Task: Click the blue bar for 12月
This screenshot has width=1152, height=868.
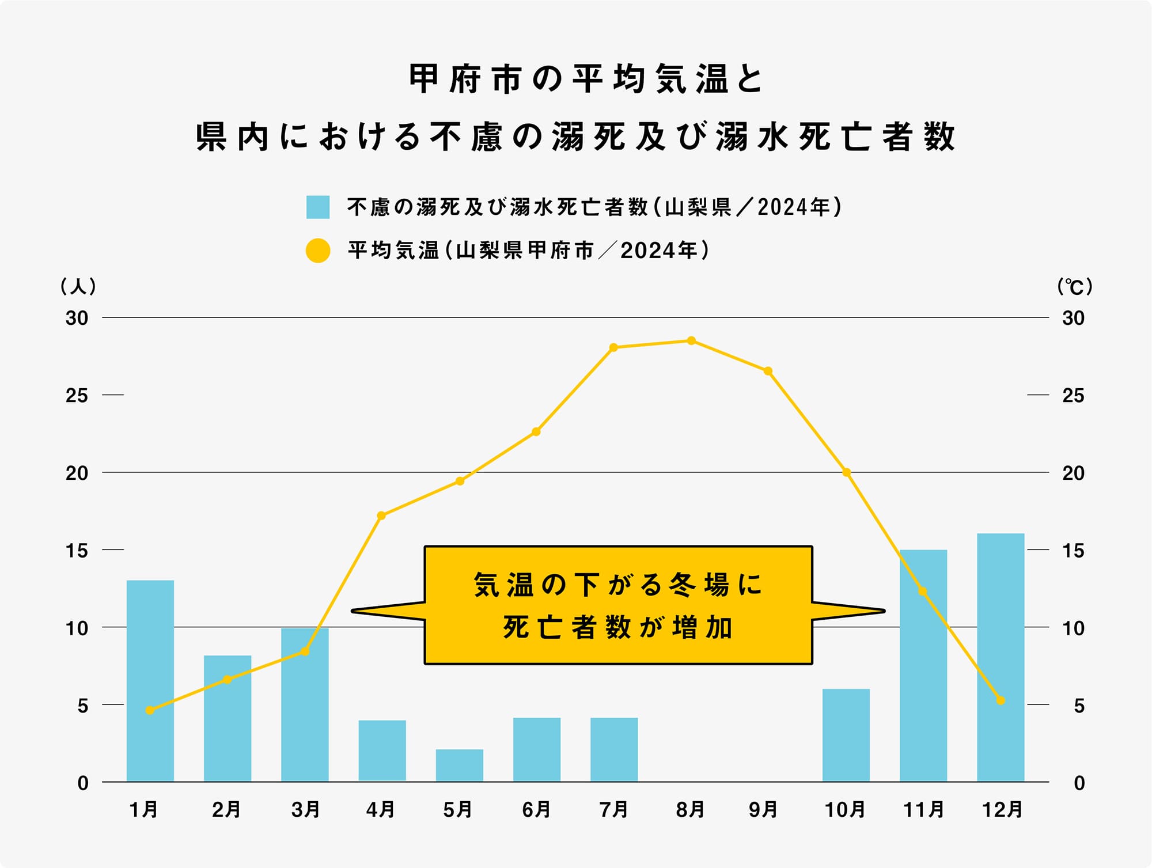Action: point(1001,657)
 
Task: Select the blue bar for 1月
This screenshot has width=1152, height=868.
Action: point(150,680)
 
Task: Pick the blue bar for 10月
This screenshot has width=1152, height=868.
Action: point(846,734)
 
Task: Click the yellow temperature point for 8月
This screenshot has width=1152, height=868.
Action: point(691,341)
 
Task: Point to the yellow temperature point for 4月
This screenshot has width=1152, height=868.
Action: point(381,516)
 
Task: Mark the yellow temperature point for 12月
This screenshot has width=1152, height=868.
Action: point(1001,700)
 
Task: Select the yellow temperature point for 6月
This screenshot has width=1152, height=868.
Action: point(536,432)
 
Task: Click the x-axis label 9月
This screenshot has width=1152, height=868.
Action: point(763,810)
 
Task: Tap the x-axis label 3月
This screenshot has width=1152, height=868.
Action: point(305,810)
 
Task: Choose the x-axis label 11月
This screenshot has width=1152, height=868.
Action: point(923,810)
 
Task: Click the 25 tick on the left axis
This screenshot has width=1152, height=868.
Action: point(77,396)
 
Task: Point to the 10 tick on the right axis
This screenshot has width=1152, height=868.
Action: point(1073,628)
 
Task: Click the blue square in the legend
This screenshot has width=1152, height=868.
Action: point(318,207)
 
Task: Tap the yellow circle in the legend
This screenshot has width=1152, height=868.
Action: point(318,251)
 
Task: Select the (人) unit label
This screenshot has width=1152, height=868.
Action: point(78,286)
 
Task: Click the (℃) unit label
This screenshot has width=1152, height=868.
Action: point(1075,286)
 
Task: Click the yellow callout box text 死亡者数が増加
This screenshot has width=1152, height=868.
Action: point(617,628)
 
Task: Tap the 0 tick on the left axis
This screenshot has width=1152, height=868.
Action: point(83,783)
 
